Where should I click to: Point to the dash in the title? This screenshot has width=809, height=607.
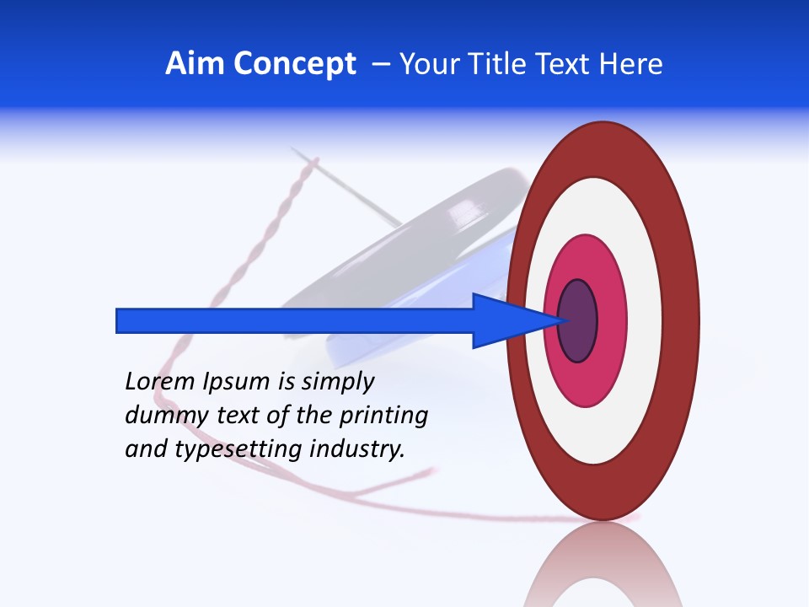pos(380,65)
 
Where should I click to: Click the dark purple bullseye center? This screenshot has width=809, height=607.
pos(577,321)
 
